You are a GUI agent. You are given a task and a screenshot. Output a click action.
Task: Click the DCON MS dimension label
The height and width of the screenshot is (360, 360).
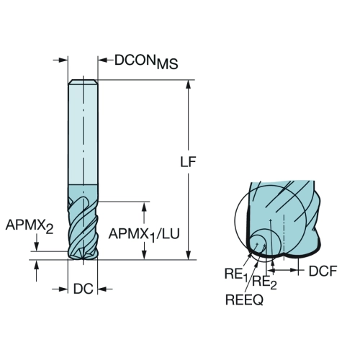click(146, 62)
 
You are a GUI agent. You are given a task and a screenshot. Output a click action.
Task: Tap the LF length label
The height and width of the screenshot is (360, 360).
click(188, 162)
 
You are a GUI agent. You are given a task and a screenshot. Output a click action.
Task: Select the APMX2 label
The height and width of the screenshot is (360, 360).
click(30, 226)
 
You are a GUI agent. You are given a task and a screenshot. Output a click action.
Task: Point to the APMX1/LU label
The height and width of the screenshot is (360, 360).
click(144, 235)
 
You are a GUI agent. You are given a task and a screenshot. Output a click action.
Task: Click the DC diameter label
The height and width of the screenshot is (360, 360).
click(83, 289)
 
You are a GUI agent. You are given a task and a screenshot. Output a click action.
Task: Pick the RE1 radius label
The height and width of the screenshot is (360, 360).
click(235, 274)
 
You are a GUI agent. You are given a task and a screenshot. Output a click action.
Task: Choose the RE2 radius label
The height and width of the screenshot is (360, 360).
click(265, 282)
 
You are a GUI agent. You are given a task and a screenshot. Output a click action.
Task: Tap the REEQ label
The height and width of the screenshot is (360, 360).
click(244, 300)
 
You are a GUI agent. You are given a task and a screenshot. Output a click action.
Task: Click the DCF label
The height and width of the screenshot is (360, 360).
click(323, 271)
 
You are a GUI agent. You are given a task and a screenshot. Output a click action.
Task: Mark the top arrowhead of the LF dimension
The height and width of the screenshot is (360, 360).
click(189, 84)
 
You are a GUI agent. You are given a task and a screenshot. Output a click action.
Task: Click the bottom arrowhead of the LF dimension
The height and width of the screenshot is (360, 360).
click(189, 255)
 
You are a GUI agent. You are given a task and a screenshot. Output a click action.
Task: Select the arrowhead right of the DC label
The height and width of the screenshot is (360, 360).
click(102, 289)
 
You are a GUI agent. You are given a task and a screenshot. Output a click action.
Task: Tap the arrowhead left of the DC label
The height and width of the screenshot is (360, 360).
click(63, 289)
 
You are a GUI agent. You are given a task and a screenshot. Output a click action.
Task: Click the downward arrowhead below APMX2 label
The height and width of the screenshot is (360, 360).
click(37, 247)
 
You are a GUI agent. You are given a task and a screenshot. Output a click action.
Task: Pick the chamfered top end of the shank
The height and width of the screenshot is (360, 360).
click(83, 81)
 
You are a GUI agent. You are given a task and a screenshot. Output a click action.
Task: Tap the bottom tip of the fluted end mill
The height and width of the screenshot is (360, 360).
click(83, 259)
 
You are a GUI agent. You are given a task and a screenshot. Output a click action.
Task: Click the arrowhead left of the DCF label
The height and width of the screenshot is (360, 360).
click(273, 271)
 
